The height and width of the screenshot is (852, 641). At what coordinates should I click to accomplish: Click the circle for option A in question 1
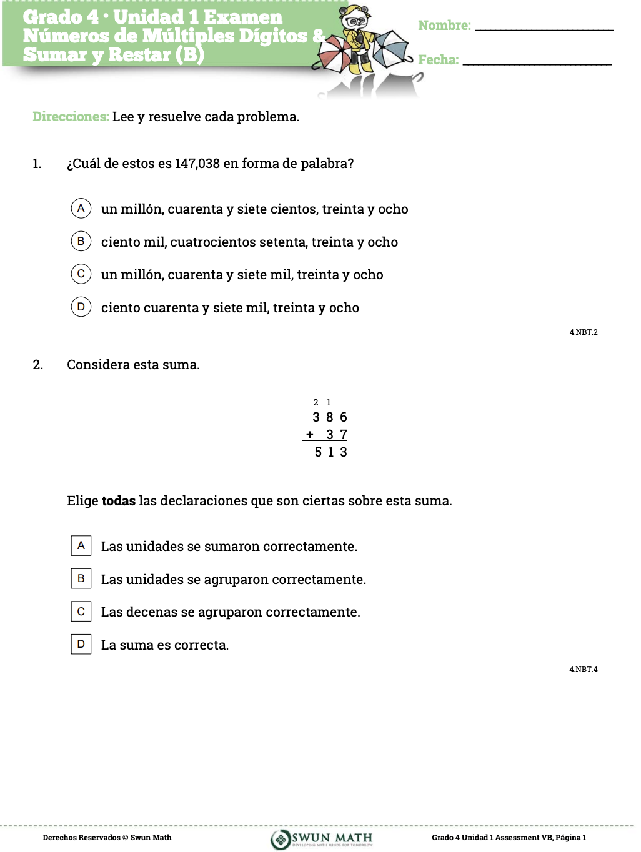[x=81, y=208]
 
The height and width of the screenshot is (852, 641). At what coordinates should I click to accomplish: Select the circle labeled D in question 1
[x=81, y=307]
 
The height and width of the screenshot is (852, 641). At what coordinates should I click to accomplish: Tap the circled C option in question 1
[x=81, y=274]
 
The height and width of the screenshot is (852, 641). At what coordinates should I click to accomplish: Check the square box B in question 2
[x=81, y=578]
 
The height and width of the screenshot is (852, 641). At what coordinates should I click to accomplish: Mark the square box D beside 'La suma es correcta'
[x=81, y=644]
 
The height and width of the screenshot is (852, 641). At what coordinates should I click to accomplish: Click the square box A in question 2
[x=81, y=545]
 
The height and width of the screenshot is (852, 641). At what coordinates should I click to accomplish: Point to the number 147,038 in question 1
[x=197, y=164]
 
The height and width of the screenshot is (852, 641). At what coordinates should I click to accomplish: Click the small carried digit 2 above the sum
[x=316, y=402]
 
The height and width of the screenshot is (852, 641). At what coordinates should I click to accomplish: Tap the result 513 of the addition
[x=330, y=452]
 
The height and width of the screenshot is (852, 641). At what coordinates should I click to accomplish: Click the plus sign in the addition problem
[x=310, y=435]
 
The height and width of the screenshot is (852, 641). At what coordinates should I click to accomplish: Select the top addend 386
[x=330, y=417]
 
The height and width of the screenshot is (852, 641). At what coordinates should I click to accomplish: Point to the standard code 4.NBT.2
[x=583, y=332]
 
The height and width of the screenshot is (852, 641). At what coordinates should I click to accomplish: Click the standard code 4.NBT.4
[x=583, y=670]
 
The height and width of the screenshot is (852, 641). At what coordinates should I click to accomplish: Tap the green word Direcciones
[x=71, y=117]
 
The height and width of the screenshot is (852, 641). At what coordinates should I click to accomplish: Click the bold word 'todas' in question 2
[x=118, y=501]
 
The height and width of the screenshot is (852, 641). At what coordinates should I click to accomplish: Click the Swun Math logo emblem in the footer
[x=281, y=838]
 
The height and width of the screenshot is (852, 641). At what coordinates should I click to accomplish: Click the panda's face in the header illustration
[x=356, y=20]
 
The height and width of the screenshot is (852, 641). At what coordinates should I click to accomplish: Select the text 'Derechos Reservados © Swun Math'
[x=107, y=838]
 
